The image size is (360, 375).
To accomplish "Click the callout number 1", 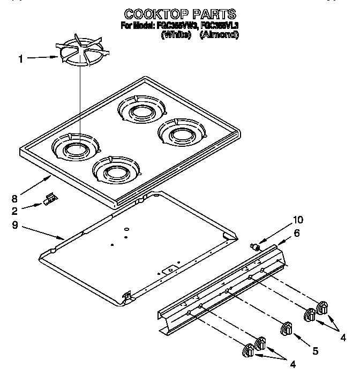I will pyautogui.click(x=21, y=59).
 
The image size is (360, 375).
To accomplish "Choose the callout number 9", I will pyautogui.click(x=21, y=225).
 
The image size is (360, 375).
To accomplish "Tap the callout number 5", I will pyautogui.click(x=315, y=351).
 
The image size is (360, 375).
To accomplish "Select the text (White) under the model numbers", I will pyautogui.click(x=176, y=35).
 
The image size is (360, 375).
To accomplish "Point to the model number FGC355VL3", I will pyautogui.click(x=219, y=25).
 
